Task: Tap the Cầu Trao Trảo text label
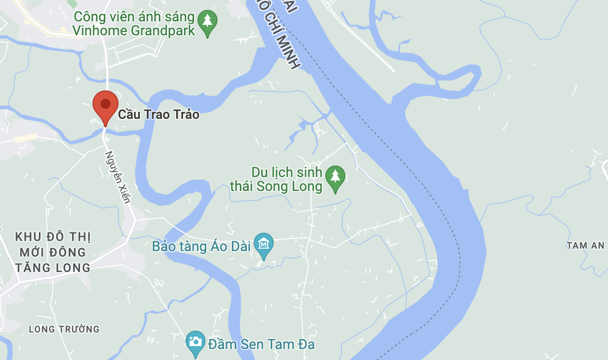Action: pyautogui.click(x=158, y=115)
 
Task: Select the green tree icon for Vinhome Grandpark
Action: pyautogui.click(x=207, y=22)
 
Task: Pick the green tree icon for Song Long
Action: pyautogui.click(x=335, y=178)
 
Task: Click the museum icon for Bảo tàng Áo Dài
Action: pyautogui.click(x=264, y=244)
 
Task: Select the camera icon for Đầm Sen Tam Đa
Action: pyautogui.click(x=196, y=342)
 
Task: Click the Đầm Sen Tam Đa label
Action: pyautogui.click(x=262, y=344)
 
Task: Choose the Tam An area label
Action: pyautogui.click(x=585, y=246)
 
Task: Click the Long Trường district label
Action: pyautogui.click(x=64, y=329)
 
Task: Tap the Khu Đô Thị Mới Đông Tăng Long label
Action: pyautogui.click(x=53, y=253)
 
